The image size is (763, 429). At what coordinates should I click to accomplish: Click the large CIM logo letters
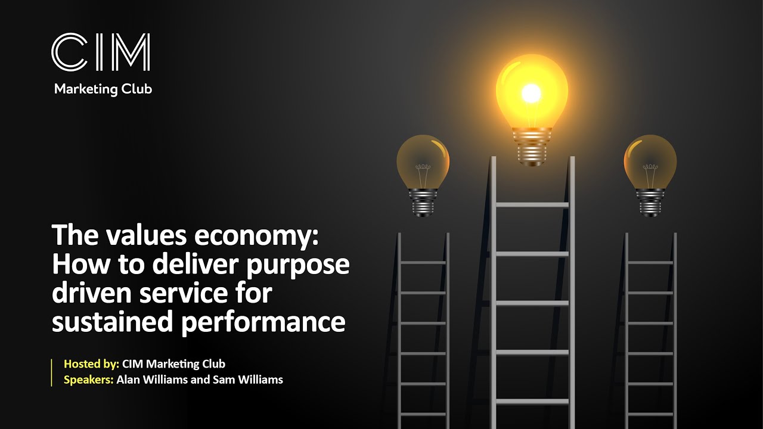pos(101,53)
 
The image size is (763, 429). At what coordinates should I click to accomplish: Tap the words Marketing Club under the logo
pos(103,89)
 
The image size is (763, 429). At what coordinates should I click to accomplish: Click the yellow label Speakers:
pos(89,380)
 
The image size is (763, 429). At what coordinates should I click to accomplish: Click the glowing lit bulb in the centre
pos(532,95)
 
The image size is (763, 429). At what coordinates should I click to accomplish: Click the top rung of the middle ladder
pos(532,205)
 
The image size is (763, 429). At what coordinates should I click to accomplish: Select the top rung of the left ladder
pos(423,263)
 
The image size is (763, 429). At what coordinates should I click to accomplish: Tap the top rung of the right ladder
pos(650,263)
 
